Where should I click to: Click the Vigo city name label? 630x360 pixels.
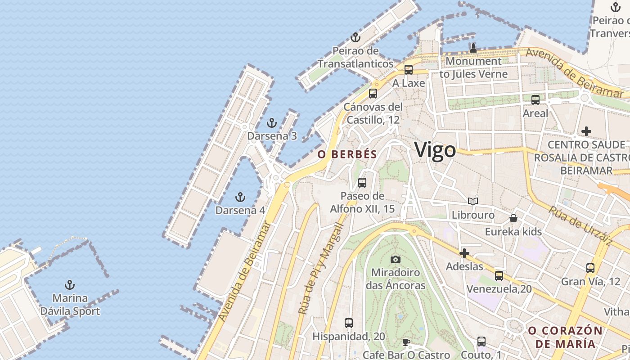pyautogui.click(x=435, y=149)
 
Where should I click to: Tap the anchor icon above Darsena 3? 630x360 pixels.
pyautogui.click(x=271, y=122)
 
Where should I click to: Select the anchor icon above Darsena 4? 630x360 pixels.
pyautogui.click(x=240, y=197)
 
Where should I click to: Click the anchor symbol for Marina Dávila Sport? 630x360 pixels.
pyautogui.click(x=70, y=285)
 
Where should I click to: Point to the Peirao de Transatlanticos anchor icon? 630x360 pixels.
pyautogui.click(x=356, y=37)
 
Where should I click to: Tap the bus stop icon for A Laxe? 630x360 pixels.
pyautogui.click(x=409, y=70)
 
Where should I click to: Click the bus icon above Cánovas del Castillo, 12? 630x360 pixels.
pyautogui.click(x=373, y=94)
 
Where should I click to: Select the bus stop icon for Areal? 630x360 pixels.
pyautogui.click(x=535, y=100)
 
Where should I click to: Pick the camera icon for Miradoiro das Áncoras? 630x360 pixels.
pyautogui.click(x=396, y=259)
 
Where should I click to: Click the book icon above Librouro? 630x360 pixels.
pyautogui.click(x=473, y=201)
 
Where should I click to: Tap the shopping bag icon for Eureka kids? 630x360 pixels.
pyautogui.click(x=513, y=218)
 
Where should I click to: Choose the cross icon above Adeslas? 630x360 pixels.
pyautogui.click(x=464, y=253)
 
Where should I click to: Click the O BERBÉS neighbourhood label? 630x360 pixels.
pyautogui.click(x=347, y=154)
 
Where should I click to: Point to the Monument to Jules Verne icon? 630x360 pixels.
pyautogui.click(x=473, y=48)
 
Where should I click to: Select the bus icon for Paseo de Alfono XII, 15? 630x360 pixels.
pyautogui.click(x=362, y=183)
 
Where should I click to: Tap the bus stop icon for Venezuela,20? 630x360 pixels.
pyautogui.click(x=499, y=276)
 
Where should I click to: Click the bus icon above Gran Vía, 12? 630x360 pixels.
pyautogui.click(x=590, y=268)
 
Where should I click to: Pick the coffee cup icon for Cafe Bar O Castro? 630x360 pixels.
pyautogui.click(x=406, y=342)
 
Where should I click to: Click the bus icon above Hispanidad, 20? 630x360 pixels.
pyautogui.click(x=349, y=323)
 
